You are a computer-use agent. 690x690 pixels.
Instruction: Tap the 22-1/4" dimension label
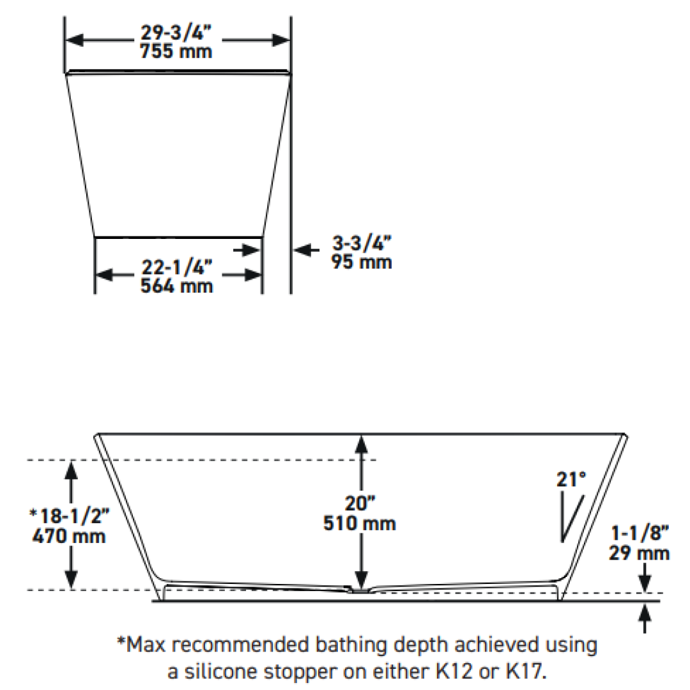(176, 267)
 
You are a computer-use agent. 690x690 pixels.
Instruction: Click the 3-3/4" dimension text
(361, 243)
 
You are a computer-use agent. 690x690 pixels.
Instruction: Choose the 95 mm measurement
(362, 262)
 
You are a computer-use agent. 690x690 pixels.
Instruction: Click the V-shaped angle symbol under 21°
(571, 519)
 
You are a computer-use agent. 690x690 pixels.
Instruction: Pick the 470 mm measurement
(68, 535)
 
